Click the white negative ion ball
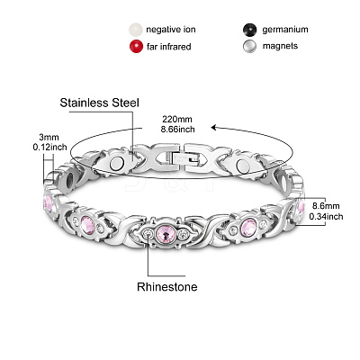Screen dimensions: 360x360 point(136,30)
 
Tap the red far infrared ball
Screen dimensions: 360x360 point(136,47)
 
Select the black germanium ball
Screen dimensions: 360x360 point(250,30)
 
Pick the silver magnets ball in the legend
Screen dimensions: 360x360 point(250,47)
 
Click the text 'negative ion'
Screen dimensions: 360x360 point(171,30)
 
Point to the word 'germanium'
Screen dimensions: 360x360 point(285,30)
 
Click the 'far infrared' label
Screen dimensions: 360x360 point(168,47)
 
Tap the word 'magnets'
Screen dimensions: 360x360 point(280,46)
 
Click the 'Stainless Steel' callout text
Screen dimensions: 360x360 point(100,103)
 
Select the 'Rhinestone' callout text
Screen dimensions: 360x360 point(167,287)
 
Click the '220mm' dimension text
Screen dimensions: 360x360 point(177,119)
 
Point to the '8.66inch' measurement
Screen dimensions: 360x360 point(177,130)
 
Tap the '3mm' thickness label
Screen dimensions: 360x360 point(49,138)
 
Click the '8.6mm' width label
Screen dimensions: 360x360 point(326,206)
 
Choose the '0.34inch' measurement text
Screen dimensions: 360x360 point(326,216)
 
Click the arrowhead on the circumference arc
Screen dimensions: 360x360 point(213,128)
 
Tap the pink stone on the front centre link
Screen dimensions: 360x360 point(166,232)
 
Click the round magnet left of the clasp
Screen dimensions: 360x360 point(117,164)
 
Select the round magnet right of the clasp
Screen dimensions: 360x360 point(243,165)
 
